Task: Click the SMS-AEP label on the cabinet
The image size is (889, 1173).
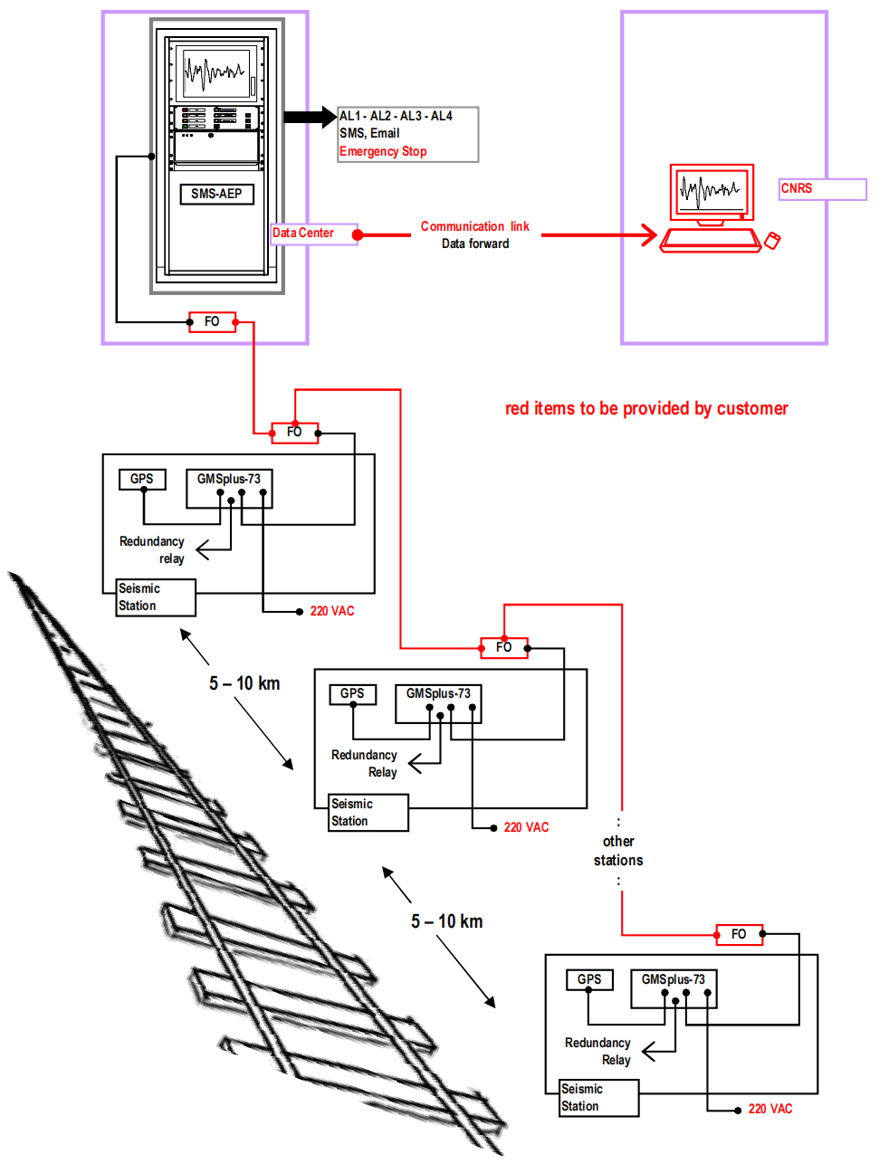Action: pos(216,194)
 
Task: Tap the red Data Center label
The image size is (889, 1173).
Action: pos(303,233)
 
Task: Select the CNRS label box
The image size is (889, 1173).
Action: pos(822,188)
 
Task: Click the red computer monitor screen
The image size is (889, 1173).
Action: pos(712,191)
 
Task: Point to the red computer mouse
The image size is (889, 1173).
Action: pos(772,240)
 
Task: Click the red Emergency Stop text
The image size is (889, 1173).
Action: pos(383,151)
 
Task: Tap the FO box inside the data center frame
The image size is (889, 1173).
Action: pos(212,321)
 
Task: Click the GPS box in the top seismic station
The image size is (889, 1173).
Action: pos(142,479)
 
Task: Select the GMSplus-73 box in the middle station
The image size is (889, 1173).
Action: pos(438,693)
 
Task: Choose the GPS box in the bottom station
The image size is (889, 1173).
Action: pos(589,979)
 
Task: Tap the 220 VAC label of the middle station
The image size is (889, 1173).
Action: pos(526,827)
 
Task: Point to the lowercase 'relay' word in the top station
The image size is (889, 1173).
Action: pos(172,558)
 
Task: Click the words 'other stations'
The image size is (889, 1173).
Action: pos(618,851)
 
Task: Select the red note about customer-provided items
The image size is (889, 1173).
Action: pos(646,408)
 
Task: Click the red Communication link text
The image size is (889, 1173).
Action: pos(474,226)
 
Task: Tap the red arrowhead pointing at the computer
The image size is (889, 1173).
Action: pos(649,235)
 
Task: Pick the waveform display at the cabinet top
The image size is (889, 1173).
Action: pos(215,72)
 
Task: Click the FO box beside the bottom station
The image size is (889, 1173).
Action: pos(739,934)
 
